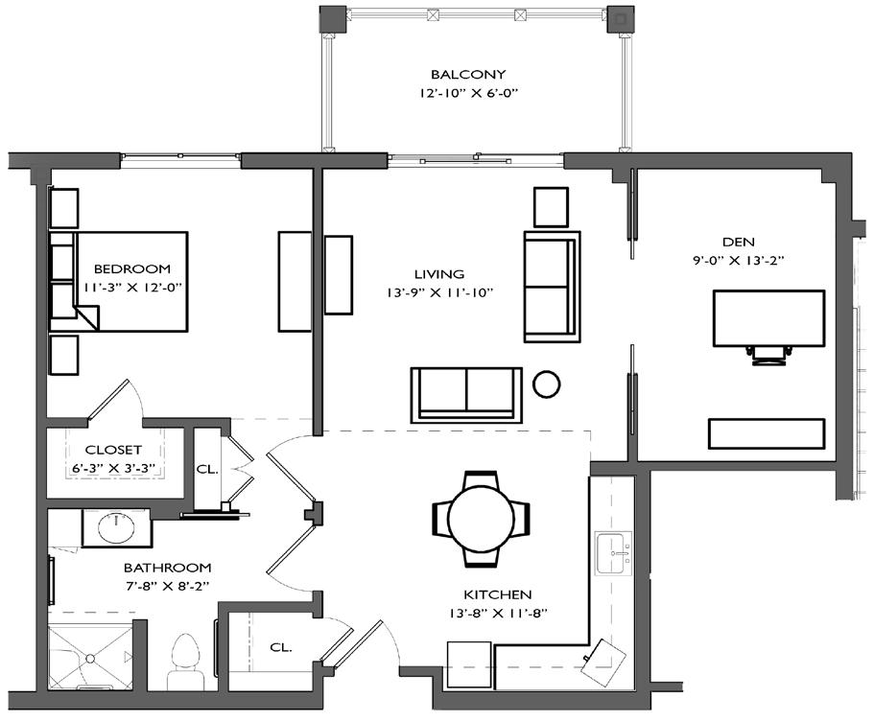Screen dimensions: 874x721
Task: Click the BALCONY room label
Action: click(468, 74)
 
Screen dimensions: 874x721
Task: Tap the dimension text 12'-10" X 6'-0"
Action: click(469, 93)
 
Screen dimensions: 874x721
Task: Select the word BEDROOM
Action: click(132, 268)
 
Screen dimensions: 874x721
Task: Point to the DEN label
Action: click(739, 242)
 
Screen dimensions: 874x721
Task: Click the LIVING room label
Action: click(439, 274)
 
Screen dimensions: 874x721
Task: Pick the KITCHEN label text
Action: click(498, 594)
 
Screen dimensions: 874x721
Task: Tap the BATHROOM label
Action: click(167, 568)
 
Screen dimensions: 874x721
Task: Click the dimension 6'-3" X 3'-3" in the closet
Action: click(113, 468)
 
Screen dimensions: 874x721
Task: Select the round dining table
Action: click(481, 518)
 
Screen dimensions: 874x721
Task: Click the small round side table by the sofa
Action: click(546, 384)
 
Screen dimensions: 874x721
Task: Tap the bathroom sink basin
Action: click(116, 527)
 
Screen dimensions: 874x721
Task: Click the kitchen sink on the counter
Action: click(614, 553)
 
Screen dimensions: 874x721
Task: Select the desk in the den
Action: click(769, 318)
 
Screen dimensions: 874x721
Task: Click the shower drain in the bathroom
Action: click(90, 659)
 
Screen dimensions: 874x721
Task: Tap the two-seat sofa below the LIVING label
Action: click(466, 395)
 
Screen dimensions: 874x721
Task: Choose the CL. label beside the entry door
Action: click(281, 647)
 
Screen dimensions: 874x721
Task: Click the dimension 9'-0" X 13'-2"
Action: click(739, 260)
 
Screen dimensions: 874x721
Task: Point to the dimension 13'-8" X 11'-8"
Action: click(498, 614)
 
